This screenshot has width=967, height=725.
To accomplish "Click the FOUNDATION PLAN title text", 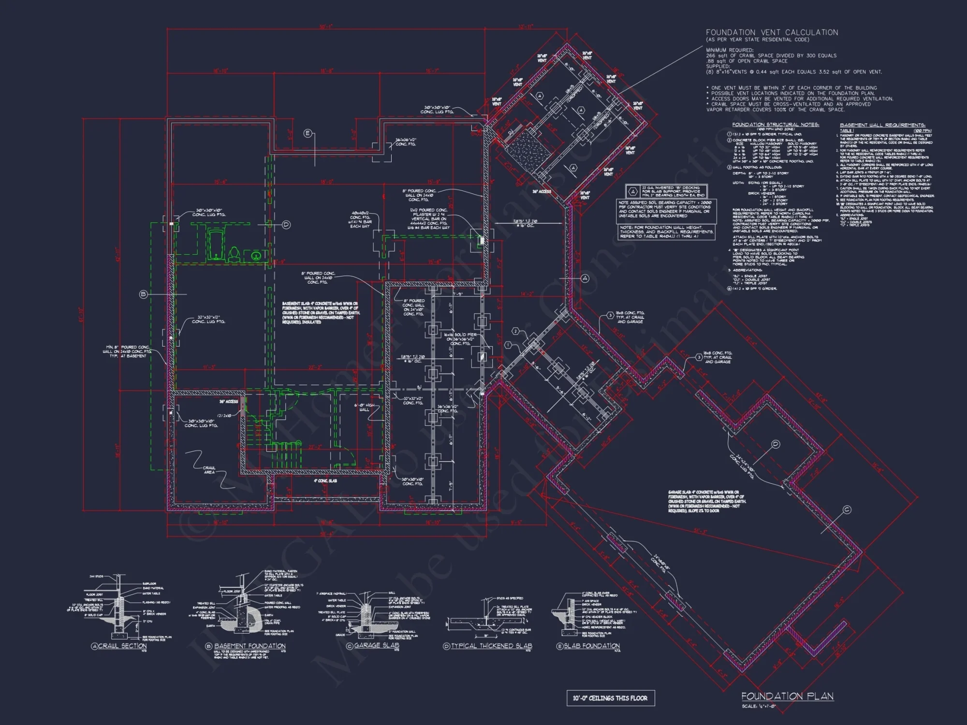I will (787, 696).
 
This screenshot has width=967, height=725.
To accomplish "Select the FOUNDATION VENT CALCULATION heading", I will (772, 32).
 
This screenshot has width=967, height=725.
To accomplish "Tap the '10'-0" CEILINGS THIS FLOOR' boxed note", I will (610, 698).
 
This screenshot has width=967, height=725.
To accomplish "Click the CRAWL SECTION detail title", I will (122, 646).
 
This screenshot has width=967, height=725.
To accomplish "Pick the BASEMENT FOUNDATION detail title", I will (249, 646).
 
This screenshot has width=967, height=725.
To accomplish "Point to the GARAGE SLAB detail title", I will (376, 645).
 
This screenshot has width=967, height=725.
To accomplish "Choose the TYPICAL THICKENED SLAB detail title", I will (491, 646).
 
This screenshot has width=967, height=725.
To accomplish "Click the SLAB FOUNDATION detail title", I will (591, 646).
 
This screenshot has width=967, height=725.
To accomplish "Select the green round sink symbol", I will (256, 255).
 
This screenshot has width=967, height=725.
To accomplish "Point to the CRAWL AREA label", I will (209, 470).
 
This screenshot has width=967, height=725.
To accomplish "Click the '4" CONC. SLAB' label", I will (325, 481).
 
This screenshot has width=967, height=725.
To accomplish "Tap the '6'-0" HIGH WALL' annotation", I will (364, 407).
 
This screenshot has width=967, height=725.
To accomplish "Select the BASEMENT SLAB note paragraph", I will (321, 312).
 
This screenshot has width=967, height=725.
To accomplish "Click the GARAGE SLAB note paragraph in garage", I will (706, 501).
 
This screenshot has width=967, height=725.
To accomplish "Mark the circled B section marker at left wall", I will (143, 294).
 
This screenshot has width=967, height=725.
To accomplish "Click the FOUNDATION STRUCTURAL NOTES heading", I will (775, 125).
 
